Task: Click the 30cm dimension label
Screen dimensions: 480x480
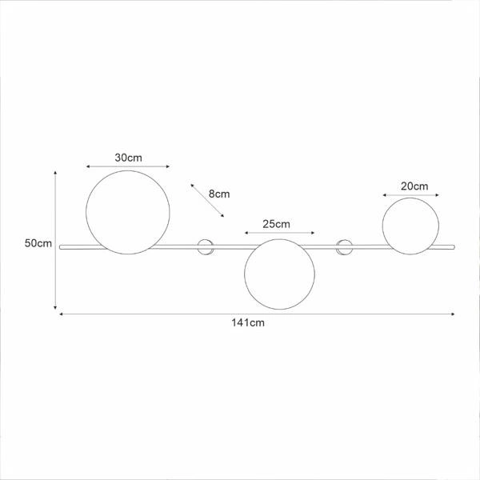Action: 128,157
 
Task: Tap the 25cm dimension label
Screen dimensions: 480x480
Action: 275,223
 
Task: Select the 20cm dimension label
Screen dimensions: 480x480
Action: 414,186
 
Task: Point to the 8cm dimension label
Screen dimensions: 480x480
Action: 218,194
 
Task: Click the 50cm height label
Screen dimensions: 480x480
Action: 37,243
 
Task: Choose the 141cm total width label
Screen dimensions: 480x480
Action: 248,323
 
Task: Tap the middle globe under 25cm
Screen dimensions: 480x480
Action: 275,274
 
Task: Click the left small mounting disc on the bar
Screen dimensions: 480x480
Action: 206,247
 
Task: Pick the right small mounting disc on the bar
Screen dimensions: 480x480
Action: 346,247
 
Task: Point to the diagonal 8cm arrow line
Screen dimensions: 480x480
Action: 207,199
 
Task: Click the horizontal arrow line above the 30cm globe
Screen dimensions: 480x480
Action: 128,166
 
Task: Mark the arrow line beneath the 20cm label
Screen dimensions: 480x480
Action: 409,194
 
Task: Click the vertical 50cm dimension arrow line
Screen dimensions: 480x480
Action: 55,240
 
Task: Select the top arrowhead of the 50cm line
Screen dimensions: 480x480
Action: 55,172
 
